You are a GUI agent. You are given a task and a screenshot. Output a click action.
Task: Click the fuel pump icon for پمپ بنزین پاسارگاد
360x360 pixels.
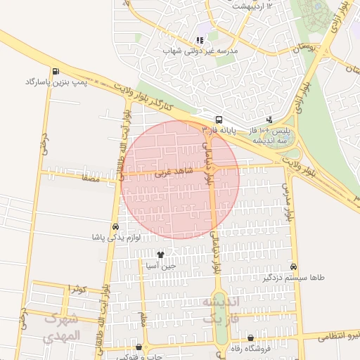(55, 71)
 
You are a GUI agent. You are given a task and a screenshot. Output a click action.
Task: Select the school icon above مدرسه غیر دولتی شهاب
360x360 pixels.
(200, 41)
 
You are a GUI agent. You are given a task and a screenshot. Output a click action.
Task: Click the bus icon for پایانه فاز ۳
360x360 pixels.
(219, 120)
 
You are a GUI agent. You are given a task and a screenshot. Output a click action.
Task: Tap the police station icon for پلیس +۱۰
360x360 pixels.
(269, 120)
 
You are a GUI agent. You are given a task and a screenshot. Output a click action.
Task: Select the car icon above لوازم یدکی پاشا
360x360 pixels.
(115, 226)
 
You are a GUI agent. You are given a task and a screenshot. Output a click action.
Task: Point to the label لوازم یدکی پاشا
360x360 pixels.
(116, 238)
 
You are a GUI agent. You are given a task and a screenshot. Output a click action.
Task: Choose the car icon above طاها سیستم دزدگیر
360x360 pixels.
(294, 267)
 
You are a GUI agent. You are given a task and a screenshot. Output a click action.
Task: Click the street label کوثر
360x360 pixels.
(78, 289)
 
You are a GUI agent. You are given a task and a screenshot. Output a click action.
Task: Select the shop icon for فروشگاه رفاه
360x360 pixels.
(250, 337)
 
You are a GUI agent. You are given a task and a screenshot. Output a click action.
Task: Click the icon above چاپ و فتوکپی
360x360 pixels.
(139, 347)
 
